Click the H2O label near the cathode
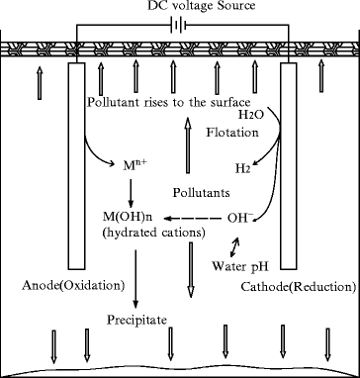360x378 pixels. pos(252,116)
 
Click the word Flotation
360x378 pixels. pos(232,132)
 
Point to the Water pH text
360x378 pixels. pos(238,266)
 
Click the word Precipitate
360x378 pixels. pos(137,321)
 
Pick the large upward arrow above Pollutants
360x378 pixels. pos(183,148)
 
